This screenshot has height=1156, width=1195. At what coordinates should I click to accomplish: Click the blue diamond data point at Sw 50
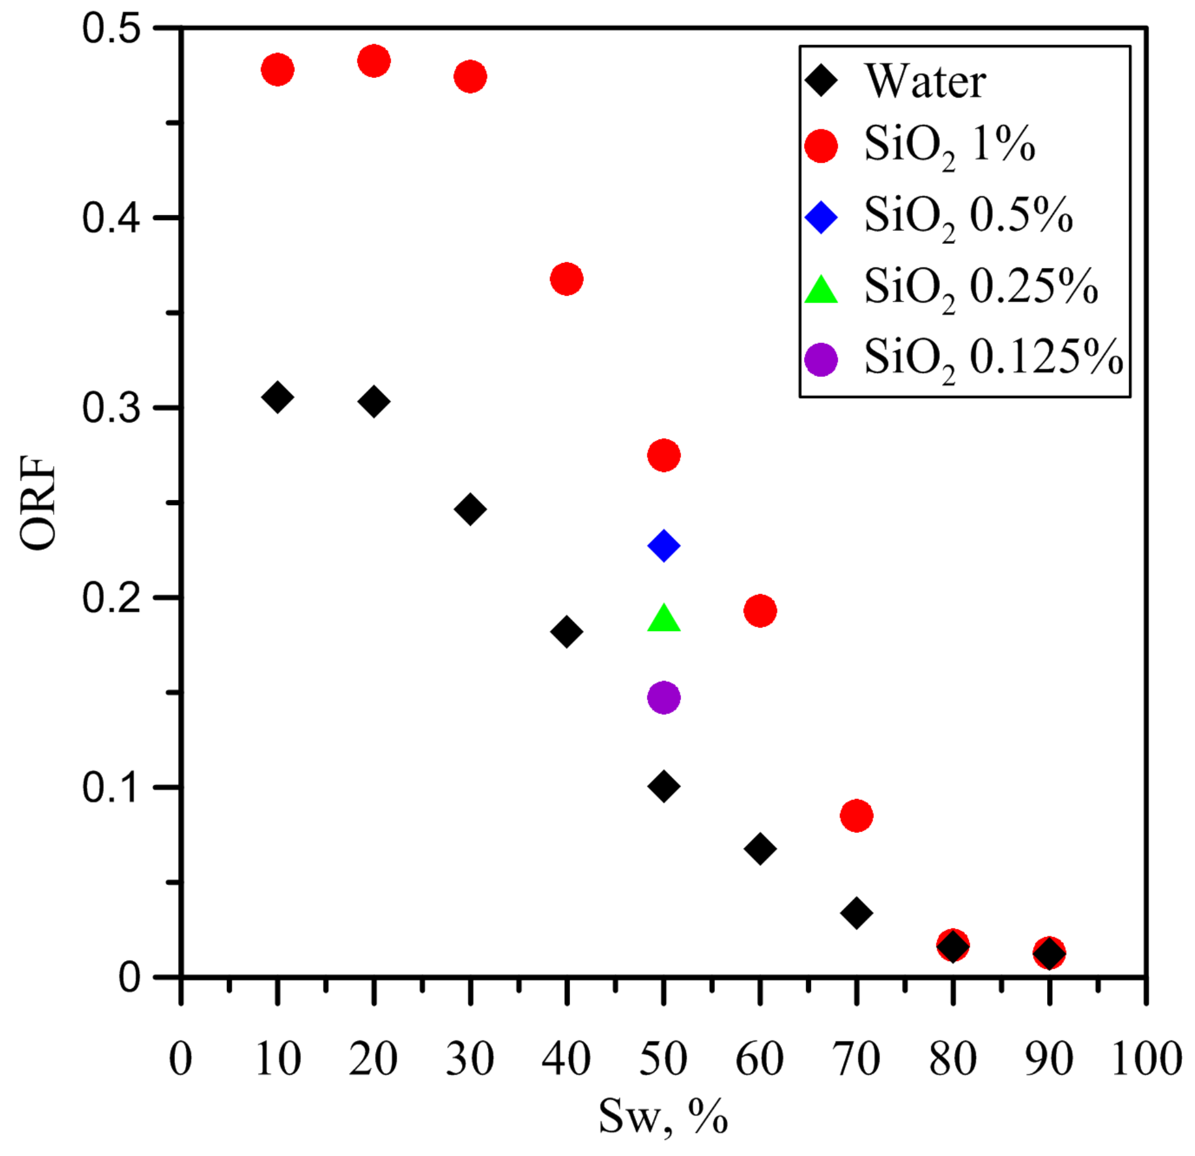(x=664, y=545)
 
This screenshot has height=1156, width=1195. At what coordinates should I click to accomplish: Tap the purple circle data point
(x=664, y=697)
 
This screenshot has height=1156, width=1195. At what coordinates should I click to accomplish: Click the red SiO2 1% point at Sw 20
(x=374, y=61)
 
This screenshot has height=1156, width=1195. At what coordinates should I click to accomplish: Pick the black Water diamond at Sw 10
(x=278, y=397)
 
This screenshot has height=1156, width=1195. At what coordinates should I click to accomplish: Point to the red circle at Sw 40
(x=567, y=278)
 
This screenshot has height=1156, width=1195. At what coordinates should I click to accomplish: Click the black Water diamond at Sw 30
(x=470, y=509)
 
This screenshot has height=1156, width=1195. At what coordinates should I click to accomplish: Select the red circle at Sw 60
(x=760, y=611)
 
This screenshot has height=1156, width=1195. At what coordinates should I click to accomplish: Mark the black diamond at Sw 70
(x=857, y=912)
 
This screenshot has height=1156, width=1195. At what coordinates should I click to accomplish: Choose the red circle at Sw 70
(x=857, y=816)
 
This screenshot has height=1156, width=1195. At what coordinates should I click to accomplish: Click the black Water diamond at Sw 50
(x=664, y=787)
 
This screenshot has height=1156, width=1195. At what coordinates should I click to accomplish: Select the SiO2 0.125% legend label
(x=992, y=358)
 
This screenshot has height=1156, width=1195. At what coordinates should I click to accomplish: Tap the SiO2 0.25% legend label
(x=980, y=288)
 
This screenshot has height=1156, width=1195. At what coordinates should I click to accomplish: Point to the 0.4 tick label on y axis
(x=111, y=218)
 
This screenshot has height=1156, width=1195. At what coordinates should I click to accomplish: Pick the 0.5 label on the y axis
(x=111, y=28)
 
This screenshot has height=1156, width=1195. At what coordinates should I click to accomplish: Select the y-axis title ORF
(x=38, y=503)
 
